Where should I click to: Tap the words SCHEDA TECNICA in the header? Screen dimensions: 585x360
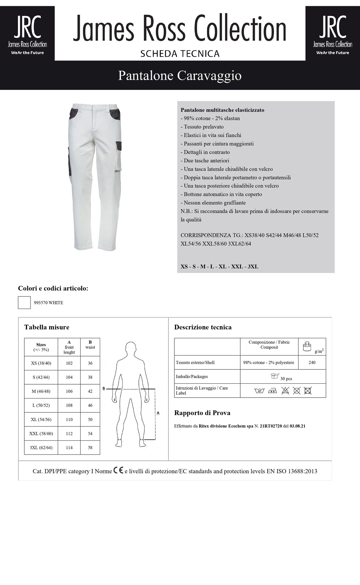(x=180, y=54)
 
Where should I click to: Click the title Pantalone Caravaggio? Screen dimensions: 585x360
(x=180, y=76)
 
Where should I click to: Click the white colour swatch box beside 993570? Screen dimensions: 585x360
(x=24, y=302)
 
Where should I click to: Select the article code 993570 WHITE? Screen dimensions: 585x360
(x=48, y=303)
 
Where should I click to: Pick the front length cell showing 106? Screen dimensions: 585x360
(x=69, y=391)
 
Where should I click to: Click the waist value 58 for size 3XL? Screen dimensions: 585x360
(x=90, y=448)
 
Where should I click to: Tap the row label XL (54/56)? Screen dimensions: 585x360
(x=41, y=420)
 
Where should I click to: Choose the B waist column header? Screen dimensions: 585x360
(x=90, y=345)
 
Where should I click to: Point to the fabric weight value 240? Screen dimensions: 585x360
(x=312, y=363)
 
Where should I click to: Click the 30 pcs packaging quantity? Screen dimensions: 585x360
(x=286, y=379)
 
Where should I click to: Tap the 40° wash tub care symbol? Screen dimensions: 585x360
(x=259, y=391)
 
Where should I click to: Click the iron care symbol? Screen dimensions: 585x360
(x=272, y=391)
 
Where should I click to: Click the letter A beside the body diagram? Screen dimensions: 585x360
(x=158, y=413)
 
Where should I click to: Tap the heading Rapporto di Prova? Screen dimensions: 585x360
(x=202, y=413)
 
